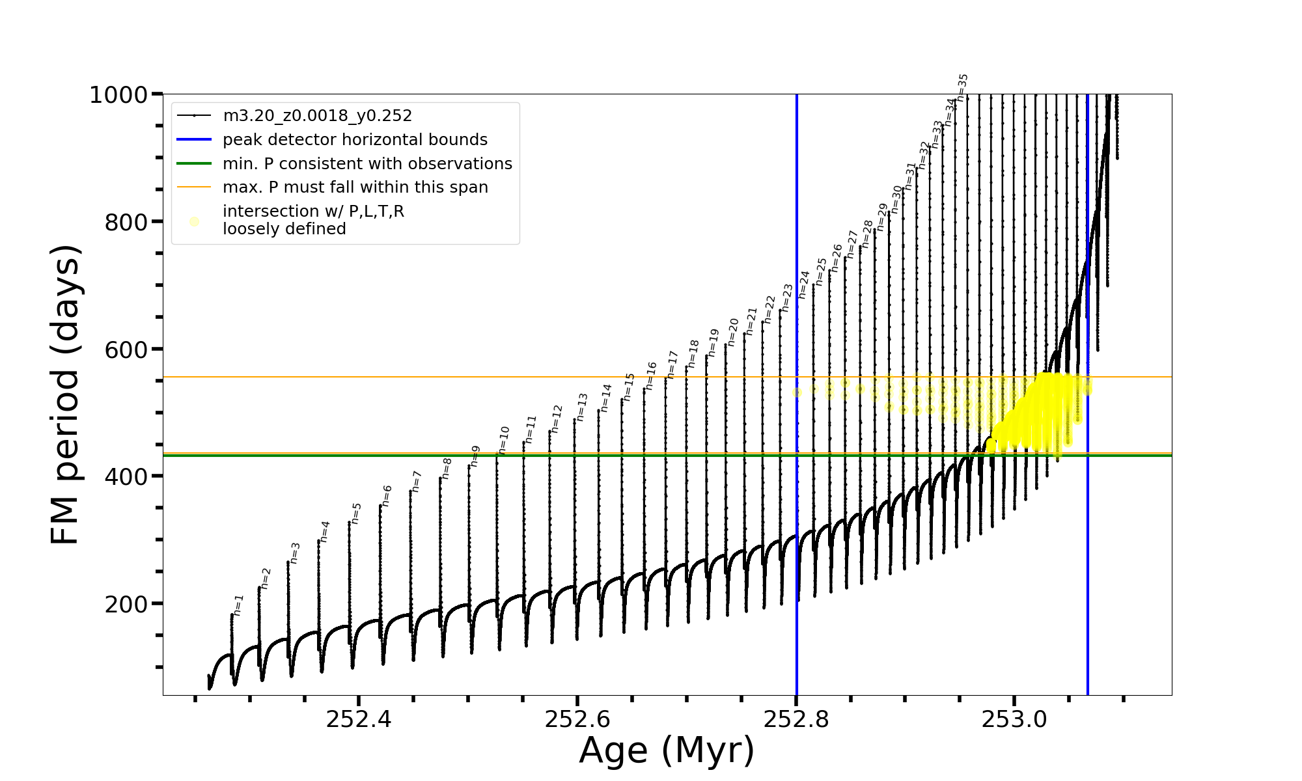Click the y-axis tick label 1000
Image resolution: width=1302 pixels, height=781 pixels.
(118, 95)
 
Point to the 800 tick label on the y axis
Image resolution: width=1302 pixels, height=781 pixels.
(126, 223)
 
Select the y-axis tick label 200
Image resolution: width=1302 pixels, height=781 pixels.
(126, 605)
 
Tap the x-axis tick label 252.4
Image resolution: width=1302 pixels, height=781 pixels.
(359, 719)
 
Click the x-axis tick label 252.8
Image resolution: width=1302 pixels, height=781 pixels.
(796, 719)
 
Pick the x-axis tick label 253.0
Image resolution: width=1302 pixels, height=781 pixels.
(1014, 719)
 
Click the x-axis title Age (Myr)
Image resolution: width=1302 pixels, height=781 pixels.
(667, 750)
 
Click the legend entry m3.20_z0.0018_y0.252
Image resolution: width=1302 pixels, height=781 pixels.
(317, 116)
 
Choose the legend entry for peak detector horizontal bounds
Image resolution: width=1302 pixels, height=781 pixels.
(355, 140)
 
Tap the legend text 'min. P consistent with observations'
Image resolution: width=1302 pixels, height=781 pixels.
(367, 163)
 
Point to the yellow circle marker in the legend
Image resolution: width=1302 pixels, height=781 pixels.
(194, 222)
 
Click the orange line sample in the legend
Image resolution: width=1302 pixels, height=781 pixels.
(194, 187)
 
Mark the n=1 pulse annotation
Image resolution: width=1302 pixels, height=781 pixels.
(238, 605)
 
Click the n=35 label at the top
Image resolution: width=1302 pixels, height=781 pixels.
(962, 87)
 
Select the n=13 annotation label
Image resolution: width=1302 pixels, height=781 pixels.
(582, 407)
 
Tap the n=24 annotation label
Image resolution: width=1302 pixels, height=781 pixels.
(804, 284)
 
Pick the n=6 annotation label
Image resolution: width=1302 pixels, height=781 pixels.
(387, 496)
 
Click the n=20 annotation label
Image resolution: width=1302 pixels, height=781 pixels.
(733, 332)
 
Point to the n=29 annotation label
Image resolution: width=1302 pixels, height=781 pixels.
(882, 217)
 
